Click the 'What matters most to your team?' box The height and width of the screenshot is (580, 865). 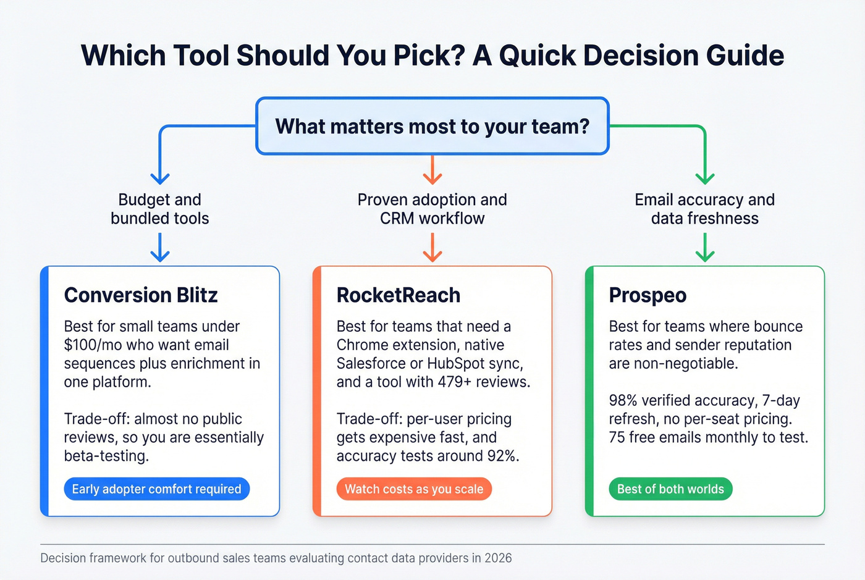432,127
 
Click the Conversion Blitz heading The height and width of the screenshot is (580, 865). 141,295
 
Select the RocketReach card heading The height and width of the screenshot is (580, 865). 399,295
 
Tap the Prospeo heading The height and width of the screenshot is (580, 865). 648,295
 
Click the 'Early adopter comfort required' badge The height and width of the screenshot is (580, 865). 156,489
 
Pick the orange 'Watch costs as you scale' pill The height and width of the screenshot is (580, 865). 414,489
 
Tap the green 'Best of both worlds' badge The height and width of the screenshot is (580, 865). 670,489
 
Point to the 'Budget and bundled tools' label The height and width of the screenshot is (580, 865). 160,209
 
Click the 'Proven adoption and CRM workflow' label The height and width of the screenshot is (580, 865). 432,209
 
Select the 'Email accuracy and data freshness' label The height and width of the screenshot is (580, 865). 704,209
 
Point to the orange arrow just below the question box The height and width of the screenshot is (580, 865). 432,170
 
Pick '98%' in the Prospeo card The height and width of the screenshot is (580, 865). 623,401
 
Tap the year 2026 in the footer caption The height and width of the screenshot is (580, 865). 498,558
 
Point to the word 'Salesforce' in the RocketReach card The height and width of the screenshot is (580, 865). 371,364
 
